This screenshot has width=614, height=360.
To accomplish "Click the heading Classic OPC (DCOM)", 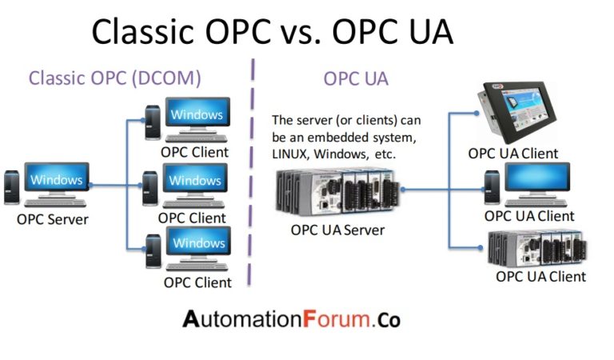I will click(x=114, y=78).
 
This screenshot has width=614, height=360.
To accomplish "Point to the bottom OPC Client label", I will click(x=197, y=282).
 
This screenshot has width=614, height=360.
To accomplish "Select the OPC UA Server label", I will click(x=338, y=230).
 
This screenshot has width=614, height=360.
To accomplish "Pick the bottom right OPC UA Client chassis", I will click(x=537, y=250).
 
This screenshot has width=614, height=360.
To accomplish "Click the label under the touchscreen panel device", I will click(x=512, y=154).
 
